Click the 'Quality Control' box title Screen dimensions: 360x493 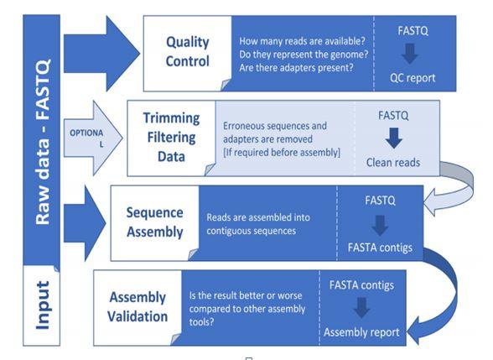click(x=186, y=51)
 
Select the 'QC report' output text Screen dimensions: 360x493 click(x=412, y=78)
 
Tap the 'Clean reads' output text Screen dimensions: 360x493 click(x=392, y=163)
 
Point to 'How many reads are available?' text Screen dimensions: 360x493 click(x=302, y=41)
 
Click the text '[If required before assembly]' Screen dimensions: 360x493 click(x=281, y=153)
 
